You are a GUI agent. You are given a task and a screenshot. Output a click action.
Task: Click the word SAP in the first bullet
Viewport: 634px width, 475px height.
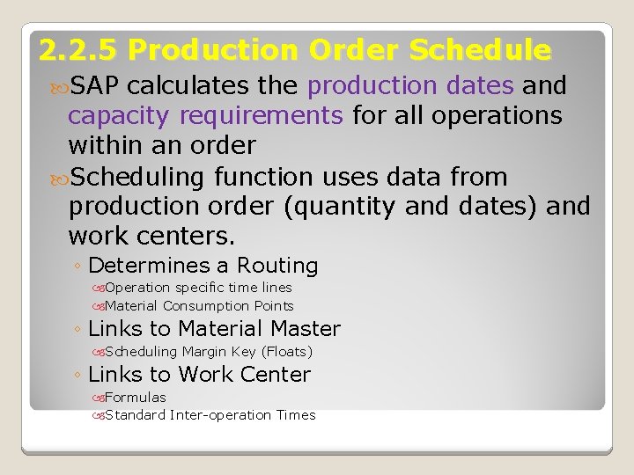[x=98, y=86]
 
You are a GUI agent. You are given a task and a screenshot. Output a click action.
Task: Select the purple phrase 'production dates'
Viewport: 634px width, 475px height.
[x=410, y=86]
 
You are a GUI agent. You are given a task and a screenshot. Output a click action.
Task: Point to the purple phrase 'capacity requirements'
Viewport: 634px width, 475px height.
[x=206, y=115]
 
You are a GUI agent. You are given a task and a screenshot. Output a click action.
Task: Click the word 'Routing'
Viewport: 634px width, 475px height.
[x=277, y=266]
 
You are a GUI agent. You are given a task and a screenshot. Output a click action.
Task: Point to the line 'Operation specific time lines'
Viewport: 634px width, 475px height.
[x=198, y=288]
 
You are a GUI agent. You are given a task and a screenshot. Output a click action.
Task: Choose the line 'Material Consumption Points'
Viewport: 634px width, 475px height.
[x=199, y=306]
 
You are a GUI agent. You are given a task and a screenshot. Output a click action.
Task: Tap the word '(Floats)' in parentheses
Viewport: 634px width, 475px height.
[x=286, y=352]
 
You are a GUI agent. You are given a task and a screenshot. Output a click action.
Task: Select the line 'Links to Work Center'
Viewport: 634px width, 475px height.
[x=199, y=375]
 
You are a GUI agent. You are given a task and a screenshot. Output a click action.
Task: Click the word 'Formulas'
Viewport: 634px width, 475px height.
[x=136, y=398]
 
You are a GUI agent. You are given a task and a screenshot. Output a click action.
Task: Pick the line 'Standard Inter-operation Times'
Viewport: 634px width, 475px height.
[x=210, y=415]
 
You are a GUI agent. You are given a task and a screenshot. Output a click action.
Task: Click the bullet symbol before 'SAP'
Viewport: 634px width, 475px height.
[x=59, y=87]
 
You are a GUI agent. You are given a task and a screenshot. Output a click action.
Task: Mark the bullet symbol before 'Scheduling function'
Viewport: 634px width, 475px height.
[x=59, y=178]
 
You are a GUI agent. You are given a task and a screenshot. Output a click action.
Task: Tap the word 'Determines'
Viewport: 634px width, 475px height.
[x=146, y=266]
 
